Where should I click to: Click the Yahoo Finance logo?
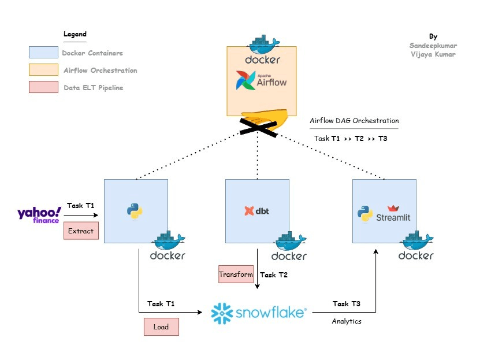pyautogui.click(x=39, y=215)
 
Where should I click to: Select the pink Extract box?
pyautogui.click(x=81, y=231)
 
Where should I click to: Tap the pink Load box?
pyautogui.click(x=161, y=326)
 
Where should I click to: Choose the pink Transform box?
pyautogui.click(x=236, y=274)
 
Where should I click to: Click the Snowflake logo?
pyautogui.click(x=258, y=313)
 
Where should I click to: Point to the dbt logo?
pyautogui.click(x=257, y=211)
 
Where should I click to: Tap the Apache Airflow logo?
pyautogui.click(x=261, y=80)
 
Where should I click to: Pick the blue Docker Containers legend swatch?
pyautogui.click(x=43, y=53)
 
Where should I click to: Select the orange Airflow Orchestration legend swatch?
pyautogui.click(x=43, y=70)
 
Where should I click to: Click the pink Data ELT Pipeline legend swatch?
pyautogui.click(x=43, y=87)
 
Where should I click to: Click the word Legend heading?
pyautogui.click(x=75, y=35)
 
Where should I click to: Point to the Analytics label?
pyautogui.click(x=347, y=321)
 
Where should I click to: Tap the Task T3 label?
pyautogui.click(x=347, y=304)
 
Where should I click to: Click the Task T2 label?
pyautogui.click(x=274, y=275)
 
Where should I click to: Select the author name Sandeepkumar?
pyautogui.click(x=433, y=44)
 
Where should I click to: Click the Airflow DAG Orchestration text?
pyautogui.click(x=354, y=121)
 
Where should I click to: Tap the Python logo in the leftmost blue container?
pyautogui.click(x=136, y=211)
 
